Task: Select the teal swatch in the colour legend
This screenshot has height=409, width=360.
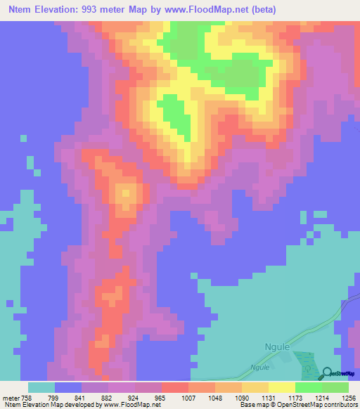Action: coord(41,387)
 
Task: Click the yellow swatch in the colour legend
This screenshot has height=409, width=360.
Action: coord(281,387)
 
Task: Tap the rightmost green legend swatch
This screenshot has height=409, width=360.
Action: coord(335,387)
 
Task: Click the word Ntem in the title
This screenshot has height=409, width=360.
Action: coord(21,10)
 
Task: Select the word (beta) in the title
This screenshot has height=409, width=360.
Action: coord(262,10)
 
